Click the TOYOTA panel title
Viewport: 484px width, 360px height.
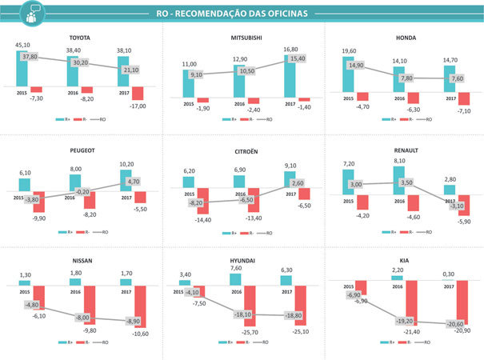click(80, 38)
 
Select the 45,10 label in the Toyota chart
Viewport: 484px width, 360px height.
click(23, 46)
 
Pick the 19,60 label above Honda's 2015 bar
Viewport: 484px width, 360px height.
click(350, 50)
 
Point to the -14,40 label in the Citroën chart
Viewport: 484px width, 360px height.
click(202, 220)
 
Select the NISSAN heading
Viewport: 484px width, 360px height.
click(80, 261)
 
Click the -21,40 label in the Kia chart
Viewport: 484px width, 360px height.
click(414, 330)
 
